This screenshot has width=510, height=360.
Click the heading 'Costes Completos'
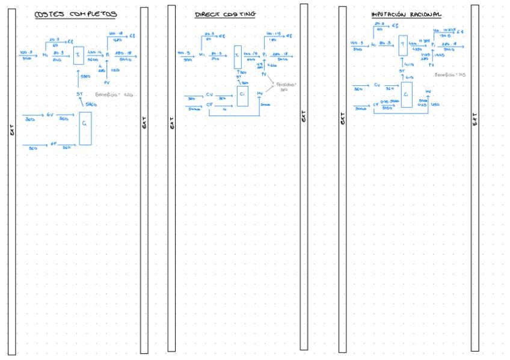click(x=75, y=14)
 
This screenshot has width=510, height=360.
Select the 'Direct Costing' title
click(x=225, y=14)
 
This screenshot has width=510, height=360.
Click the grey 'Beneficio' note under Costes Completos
click(x=114, y=95)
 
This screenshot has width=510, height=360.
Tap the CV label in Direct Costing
click(x=209, y=94)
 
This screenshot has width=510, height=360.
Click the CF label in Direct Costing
click(x=209, y=105)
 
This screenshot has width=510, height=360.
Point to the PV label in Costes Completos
click(x=106, y=82)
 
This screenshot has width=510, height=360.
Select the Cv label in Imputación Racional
click(x=376, y=86)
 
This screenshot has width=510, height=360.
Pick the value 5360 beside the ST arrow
click(x=90, y=104)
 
